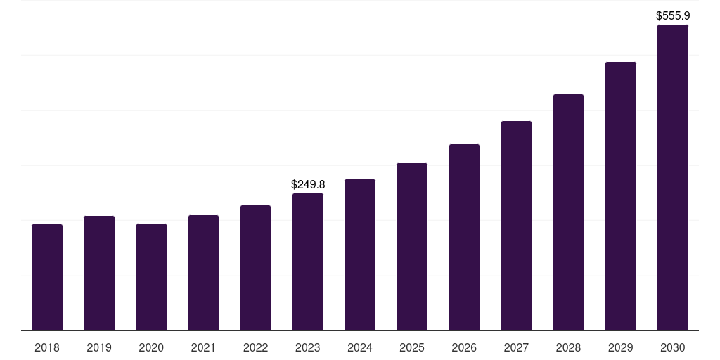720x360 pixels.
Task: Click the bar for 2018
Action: point(47,278)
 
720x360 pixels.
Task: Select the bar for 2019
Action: point(99,274)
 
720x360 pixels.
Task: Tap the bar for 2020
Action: point(151,277)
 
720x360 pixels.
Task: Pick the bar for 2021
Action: point(203,273)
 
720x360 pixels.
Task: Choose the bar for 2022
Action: point(255,268)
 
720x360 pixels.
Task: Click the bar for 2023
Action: point(308,262)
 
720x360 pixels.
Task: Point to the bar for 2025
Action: point(412,247)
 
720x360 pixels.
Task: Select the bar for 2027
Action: point(516,226)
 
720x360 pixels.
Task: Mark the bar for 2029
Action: point(621,196)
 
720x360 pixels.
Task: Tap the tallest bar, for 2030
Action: point(673,178)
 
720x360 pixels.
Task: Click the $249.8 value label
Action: point(308,184)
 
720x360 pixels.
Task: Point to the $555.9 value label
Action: point(673,15)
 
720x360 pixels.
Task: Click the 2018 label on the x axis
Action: point(47,348)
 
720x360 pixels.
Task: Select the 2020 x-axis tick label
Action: point(151,348)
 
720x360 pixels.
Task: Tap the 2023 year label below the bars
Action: point(308,348)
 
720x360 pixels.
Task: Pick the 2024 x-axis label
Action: point(360,348)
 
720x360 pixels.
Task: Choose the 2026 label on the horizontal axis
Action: point(464,348)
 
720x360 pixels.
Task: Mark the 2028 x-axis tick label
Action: point(568,348)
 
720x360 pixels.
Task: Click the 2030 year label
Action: point(673,348)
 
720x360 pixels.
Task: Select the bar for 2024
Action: point(360,255)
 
